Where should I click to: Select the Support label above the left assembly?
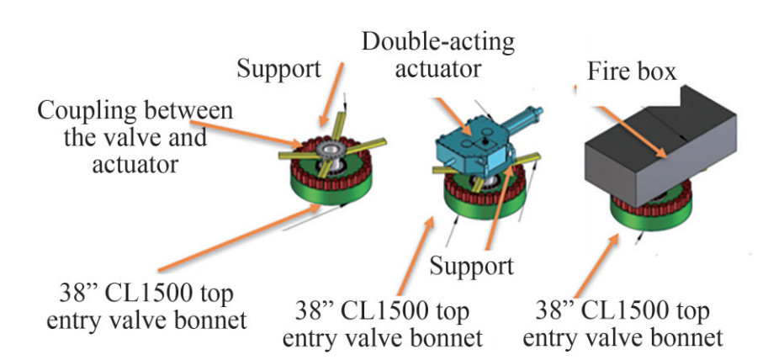tap(278, 68)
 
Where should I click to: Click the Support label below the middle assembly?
tap(472, 267)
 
